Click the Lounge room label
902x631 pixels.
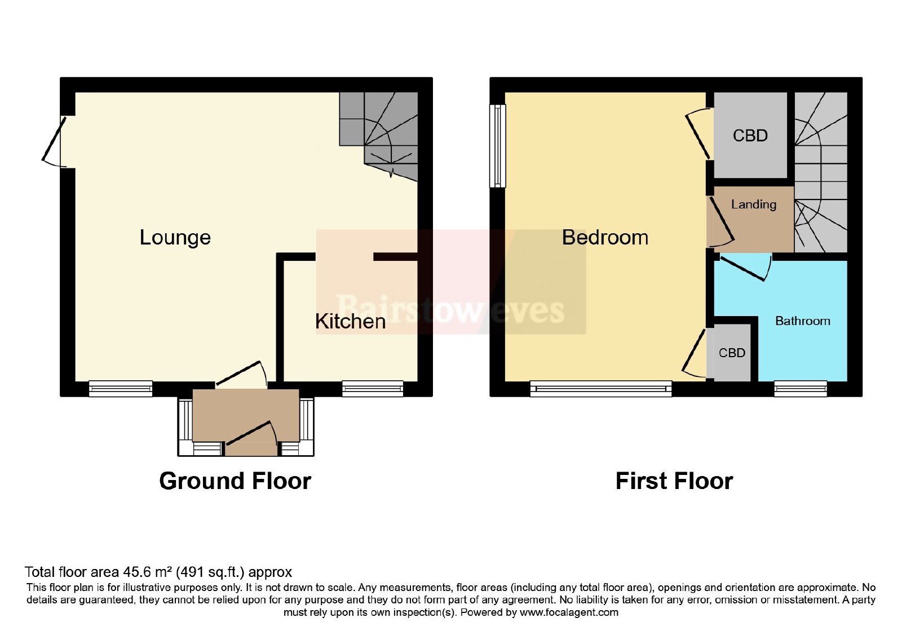click(x=175, y=237)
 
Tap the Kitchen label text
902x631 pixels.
click(x=350, y=321)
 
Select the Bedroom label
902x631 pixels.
click(x=605, y=237)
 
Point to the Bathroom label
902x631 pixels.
click(x=803, y=321)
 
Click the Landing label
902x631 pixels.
click(x=754, y=205)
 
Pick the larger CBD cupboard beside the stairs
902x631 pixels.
click(x=750, y=135)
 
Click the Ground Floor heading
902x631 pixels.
click(x=235, y=481)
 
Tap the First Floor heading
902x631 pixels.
click(x=674, y=481)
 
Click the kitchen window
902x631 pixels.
click(x=373, y=389)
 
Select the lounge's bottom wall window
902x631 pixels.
click(x=121, y=389)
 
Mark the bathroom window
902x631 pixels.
click(x=801, y=389)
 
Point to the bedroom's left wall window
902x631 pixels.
click(x=498, y=146)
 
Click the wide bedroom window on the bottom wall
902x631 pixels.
click(x=601, y=389)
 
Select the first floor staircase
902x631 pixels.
click(x=821, y=172)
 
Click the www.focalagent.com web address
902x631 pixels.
click(x=569, y=612)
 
